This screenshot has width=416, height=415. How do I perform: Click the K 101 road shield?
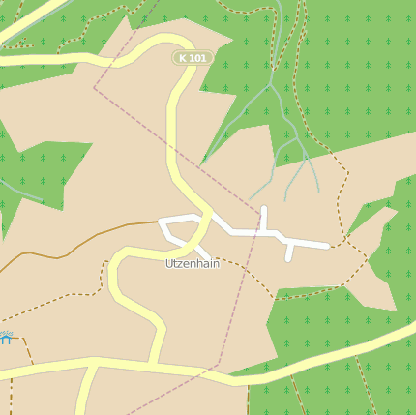tap(193, 58)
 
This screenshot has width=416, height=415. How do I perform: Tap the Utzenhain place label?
tap(192, 263)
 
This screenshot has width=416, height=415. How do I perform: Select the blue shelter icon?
tap(5, 338)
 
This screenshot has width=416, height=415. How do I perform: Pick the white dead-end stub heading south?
tap(289, 254)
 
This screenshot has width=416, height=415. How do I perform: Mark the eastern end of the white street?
tap(328, 246)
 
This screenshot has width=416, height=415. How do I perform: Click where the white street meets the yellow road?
tap(207, 220)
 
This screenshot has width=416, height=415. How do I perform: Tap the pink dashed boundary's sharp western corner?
tap(94, 88)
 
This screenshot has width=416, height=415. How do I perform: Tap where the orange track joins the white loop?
tap(161, 222)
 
